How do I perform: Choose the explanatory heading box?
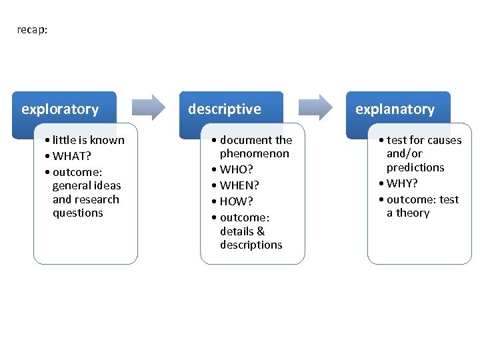tap(398, 109)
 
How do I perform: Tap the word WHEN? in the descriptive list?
tap(239, 185)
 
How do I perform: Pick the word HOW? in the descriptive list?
tap(237, 201)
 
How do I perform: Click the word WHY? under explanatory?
tap(402, 183)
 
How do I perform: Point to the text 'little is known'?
tap(88, 140)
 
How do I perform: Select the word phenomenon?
tap(255, 154)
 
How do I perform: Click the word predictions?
tap(415, 167)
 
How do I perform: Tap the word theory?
tap(413, 213)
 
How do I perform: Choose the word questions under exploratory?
tap(78, 213)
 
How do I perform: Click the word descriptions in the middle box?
tap(251, 245)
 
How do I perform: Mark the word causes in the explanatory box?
tap(443, 140)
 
